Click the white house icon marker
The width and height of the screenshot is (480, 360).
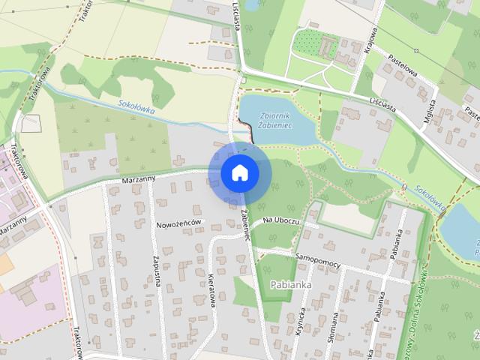coord(240,173)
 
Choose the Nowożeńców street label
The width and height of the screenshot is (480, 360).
coord(178,224)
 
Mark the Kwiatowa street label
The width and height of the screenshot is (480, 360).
coord(211,288)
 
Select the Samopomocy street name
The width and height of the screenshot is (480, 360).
coord(318,255)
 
